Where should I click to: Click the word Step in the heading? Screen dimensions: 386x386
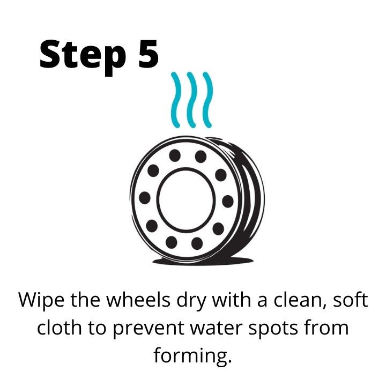click(x=83, y=57)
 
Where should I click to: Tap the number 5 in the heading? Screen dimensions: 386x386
click(x=148, y=54)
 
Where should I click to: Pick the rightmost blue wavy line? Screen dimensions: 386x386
click(x=207, y=100)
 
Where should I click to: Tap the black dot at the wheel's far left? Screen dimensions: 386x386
click(x=145, y=198)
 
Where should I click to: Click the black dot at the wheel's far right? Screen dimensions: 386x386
click(x=228, y=201)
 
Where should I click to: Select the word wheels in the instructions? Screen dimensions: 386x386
click(x=138, y=300)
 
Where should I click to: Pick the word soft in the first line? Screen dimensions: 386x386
click(x=351, y=300)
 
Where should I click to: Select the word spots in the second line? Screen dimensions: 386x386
click(x=273, y=329)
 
